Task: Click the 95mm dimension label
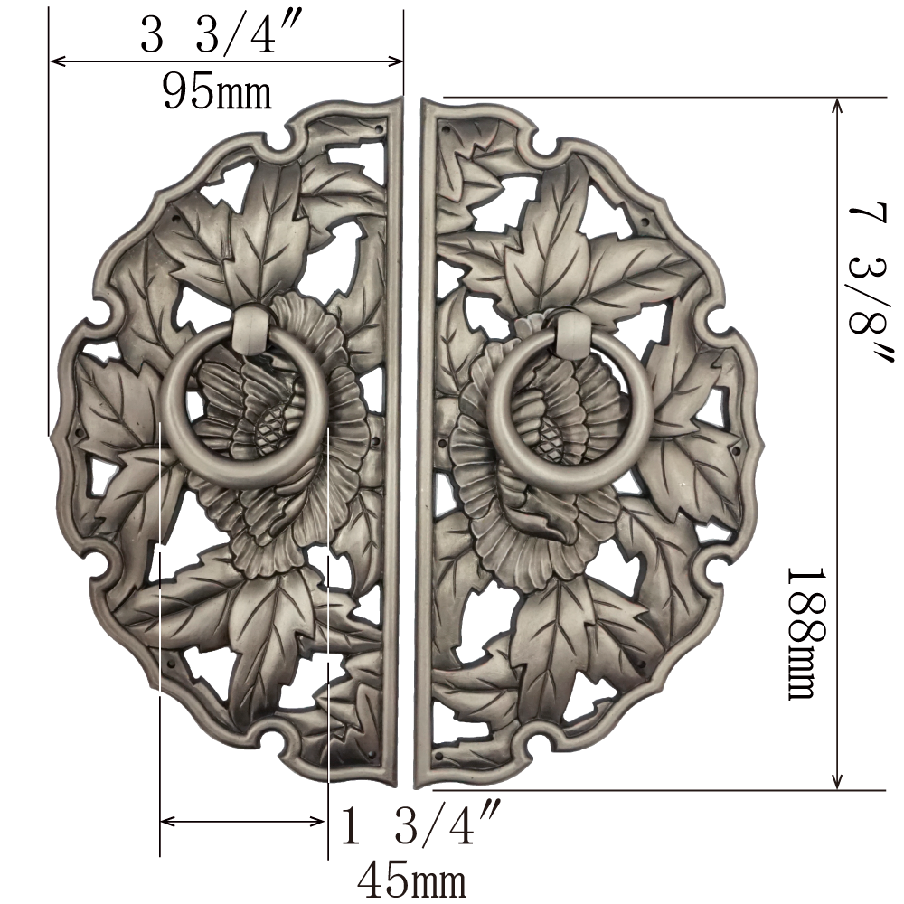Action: tap(217, 91)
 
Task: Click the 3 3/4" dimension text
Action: tap(217, 33)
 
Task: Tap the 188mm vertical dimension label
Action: tap(807, 635)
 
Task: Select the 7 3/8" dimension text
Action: tap(871, 282)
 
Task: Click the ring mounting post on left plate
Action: tap(251, 329)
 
